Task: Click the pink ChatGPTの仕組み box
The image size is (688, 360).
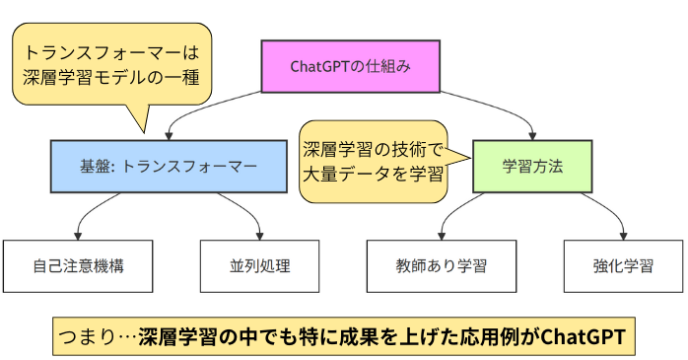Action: pos(350,66)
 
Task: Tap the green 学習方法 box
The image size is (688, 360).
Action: pos(532,166)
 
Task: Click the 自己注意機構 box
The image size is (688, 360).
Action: pos(78,265)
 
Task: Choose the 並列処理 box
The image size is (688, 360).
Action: pos(260,265)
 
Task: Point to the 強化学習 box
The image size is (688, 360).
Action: pos(623,265)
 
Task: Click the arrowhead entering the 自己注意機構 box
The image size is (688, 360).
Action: pos(78,235)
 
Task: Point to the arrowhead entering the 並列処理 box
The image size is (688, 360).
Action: pos(260,235)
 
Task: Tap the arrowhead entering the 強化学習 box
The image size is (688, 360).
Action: pos(623,235)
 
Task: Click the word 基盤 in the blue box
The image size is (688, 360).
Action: pos(97,166)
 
